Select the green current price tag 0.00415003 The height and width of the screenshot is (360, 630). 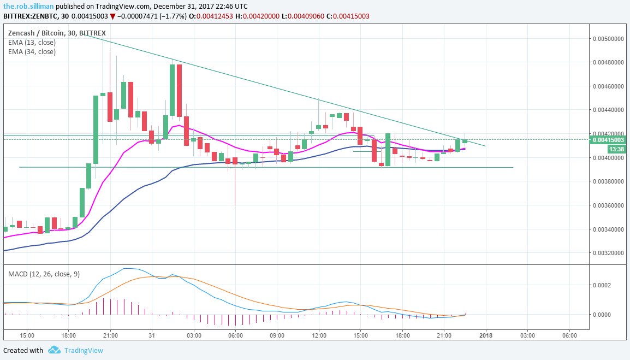[608, 140]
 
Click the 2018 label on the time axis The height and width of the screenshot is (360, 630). [485, 335]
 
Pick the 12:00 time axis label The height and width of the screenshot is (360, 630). [319, 335]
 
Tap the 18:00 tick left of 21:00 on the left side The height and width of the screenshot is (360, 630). [68, 335]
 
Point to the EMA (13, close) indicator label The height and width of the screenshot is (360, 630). [32, 43]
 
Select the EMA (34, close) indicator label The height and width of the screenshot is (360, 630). [32, 52]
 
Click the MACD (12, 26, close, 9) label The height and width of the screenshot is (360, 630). [44, 274]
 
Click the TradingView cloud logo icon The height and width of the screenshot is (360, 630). [54, 350]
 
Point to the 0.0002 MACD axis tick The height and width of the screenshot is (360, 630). [604, 285]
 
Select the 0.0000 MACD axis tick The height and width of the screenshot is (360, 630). [604, 315]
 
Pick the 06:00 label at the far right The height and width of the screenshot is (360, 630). [569, 335]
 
